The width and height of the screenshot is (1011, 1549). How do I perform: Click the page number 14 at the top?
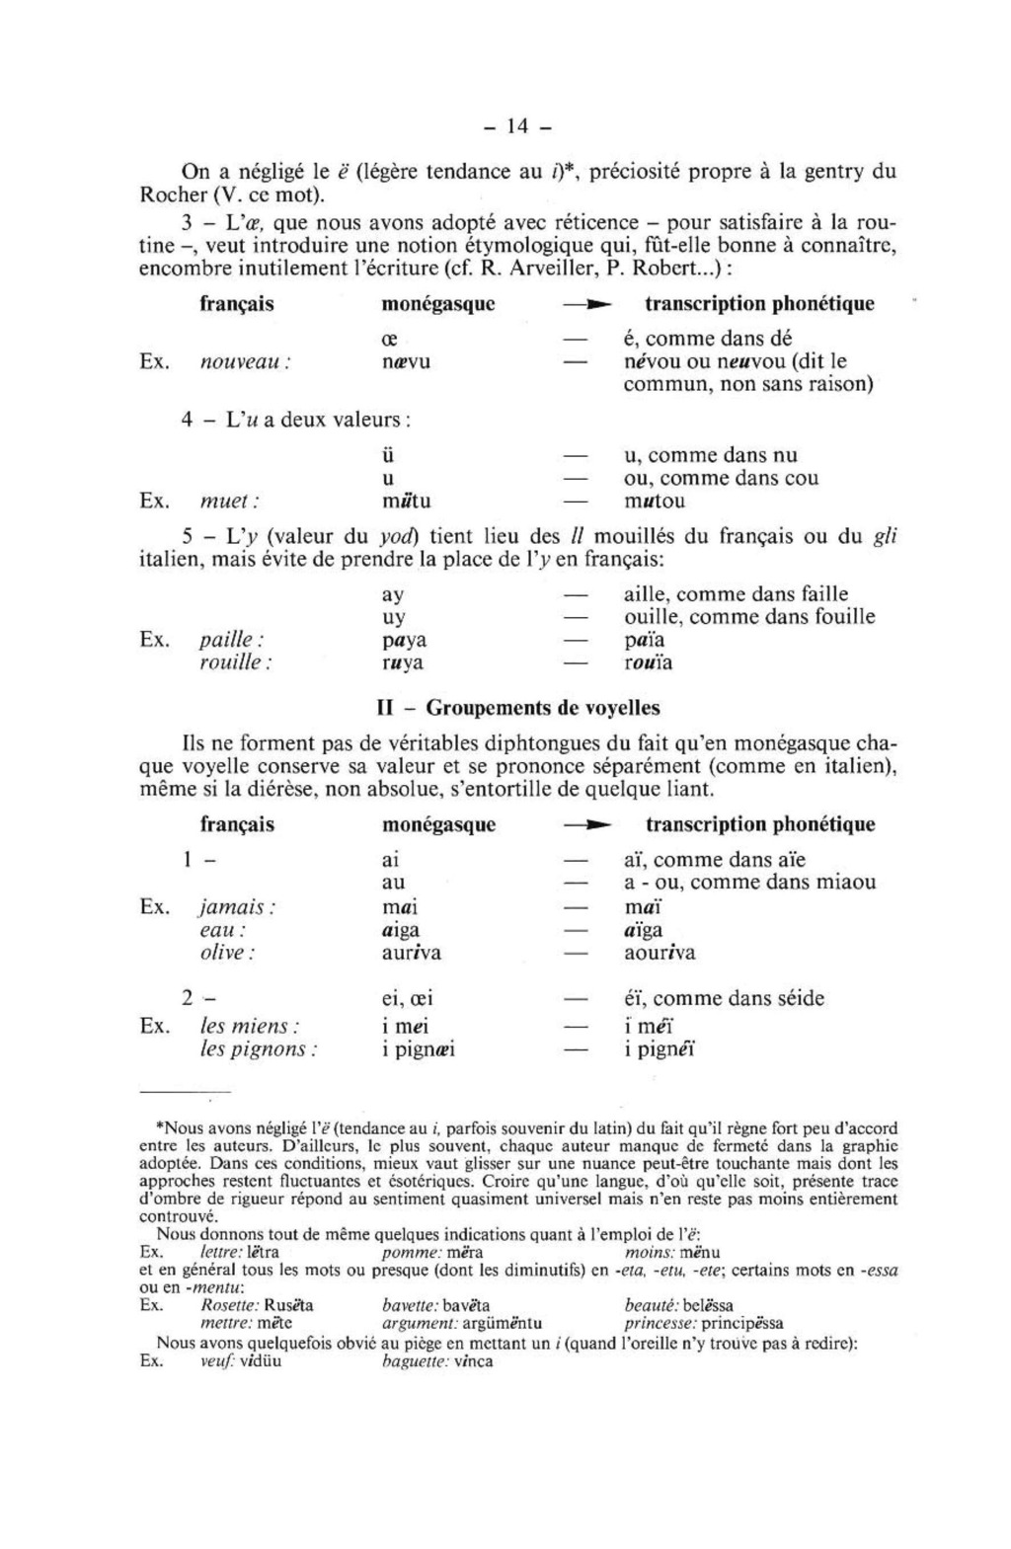(x=517, y=125)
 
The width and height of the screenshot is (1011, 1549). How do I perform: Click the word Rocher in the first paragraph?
(x=171, y=194)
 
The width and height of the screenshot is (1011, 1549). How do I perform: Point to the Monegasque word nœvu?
(x=406, y=361)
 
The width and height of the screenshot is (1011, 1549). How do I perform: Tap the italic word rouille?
(x=233, y=662)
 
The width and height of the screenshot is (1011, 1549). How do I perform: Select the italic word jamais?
(x=235, y=906)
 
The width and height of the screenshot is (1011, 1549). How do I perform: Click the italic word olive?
(x=226, y=953)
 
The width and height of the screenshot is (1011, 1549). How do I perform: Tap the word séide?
(x=795, y=998)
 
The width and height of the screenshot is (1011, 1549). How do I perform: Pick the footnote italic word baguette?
(x=412, y=1361)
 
